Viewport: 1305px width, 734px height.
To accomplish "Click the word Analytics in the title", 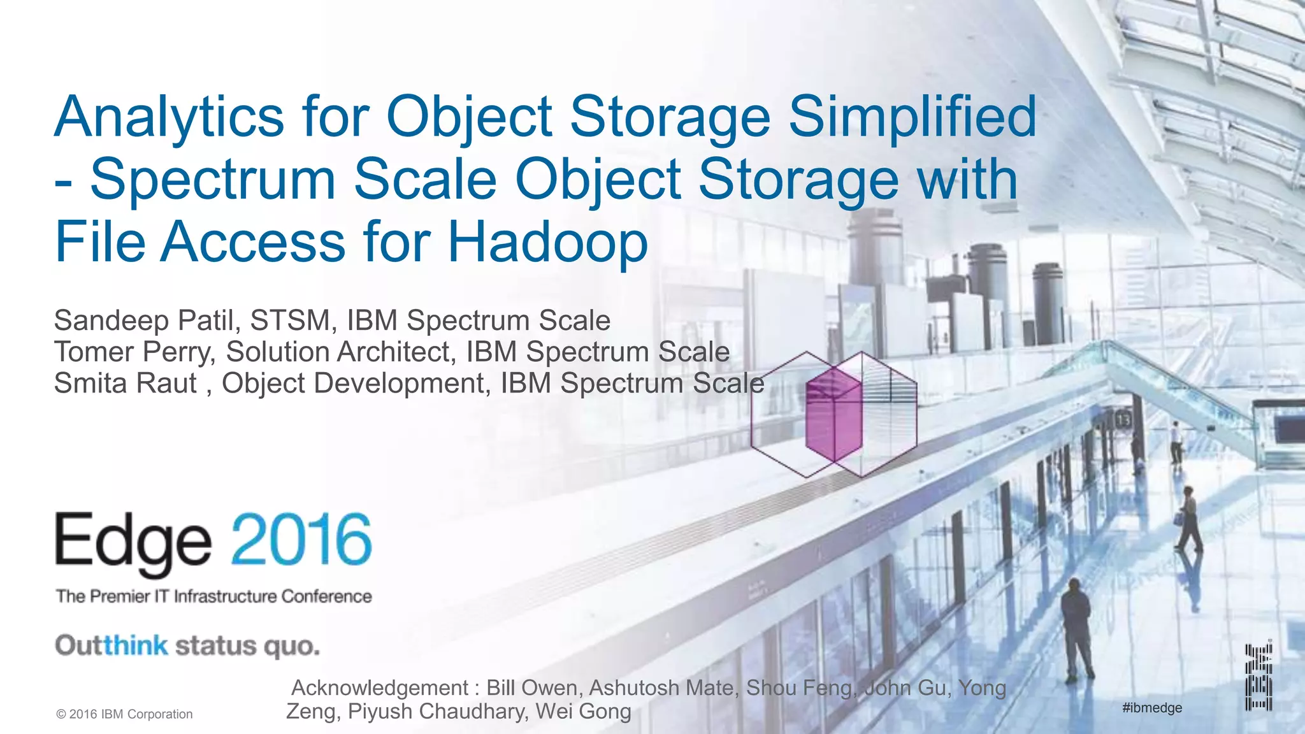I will (x=169, y=118).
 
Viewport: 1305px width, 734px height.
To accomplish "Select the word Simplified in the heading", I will (x=912, y=118).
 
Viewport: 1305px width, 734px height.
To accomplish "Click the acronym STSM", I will (x=289, y=320).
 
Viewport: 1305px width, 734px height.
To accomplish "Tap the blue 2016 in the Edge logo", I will (x=301, y=541).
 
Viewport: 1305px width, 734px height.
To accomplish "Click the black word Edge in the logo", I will (x=133, y=543).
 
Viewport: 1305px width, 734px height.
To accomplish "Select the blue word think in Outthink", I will (x=136, y=645).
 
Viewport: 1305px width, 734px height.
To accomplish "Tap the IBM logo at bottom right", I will (x=1258, y=677).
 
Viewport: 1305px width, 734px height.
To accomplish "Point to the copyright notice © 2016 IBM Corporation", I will (x=124, y=714).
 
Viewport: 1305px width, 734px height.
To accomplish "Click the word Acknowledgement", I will (x=380, y=688).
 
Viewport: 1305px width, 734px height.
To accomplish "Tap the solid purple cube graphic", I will (x=833, y=414).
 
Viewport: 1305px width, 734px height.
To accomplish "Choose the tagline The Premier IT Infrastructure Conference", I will (x=214, y=596).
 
